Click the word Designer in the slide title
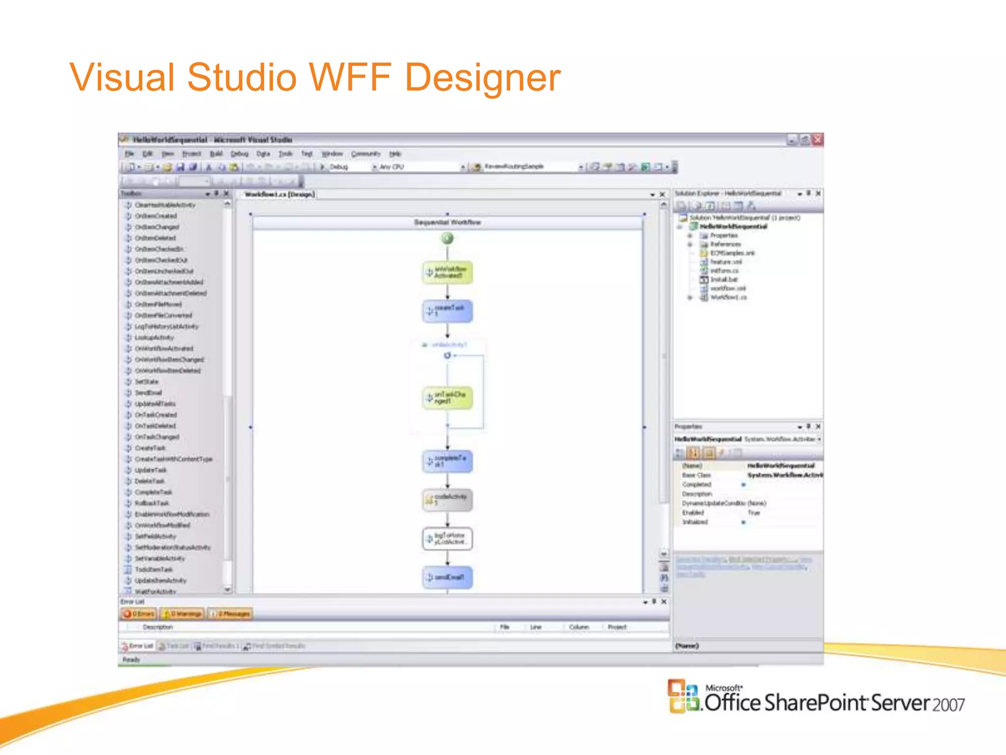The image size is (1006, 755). pos(482,78)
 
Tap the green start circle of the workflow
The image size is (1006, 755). pos(447,239)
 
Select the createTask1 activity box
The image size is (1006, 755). pos(447,311)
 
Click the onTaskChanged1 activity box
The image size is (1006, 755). pos(447,398)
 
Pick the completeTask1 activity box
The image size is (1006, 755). pos(447,461)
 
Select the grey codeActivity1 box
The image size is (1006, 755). pos(447,499)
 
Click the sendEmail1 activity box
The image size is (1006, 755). pos(447,577)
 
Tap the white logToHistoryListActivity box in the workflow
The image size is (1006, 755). pos(447,539)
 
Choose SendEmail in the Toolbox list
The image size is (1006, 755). pos(148,393)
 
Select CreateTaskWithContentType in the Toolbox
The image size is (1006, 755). pos(173,459)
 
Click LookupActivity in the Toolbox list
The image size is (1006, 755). pos(154,338)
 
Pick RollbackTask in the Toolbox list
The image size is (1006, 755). pos(152,503)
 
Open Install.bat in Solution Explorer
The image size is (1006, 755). pos(724,280)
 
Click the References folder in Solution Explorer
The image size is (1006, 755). pos(725,244)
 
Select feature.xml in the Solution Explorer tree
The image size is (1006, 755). pos(726,262)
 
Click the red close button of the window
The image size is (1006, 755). pos(817,140)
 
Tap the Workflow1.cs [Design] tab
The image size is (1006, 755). pos(279,195)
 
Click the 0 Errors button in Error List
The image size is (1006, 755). pos(139,613)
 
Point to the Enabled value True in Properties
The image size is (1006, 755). pos(754,513)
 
